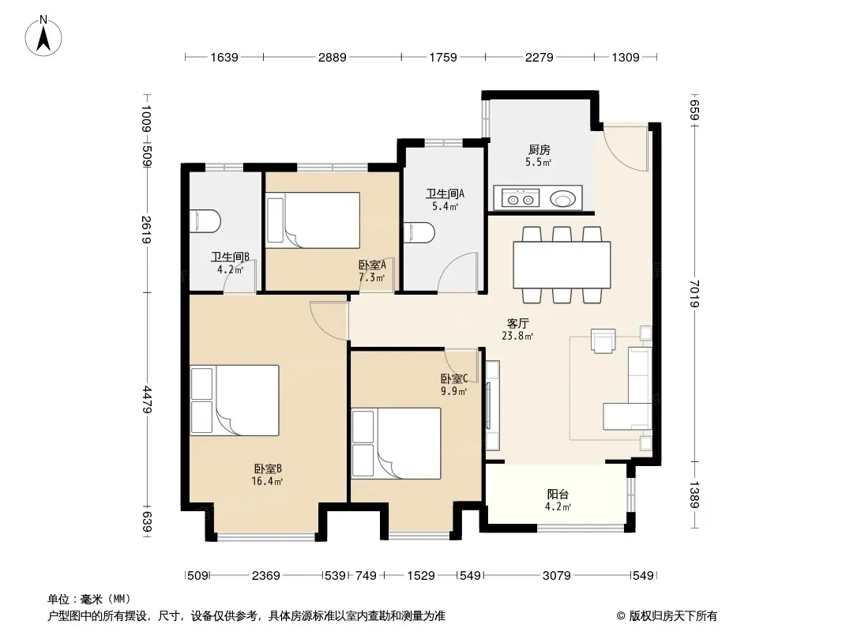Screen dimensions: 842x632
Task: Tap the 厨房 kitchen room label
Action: point(539,150)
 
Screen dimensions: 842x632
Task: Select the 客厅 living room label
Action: point(517,323)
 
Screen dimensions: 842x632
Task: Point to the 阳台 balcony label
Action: point(558,494)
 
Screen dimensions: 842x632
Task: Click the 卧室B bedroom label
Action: point(268,468)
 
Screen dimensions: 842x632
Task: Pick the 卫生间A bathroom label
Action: point(445,194)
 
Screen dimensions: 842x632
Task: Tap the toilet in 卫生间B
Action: point(205,220)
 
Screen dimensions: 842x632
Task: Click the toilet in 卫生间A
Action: point(419,232)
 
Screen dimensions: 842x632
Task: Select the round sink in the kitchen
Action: point(562,199)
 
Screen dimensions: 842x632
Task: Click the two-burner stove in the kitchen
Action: point(521,198)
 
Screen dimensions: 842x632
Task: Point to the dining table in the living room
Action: point(562,265)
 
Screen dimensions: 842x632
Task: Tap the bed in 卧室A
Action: point(313,220)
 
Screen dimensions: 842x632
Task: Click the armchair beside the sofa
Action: point(603,341)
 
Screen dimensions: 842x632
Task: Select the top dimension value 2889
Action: point(333,57)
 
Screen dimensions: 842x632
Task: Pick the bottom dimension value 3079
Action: point(556,576)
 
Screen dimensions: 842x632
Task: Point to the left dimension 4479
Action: point(147,400)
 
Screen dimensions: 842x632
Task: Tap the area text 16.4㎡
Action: point(268,481)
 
